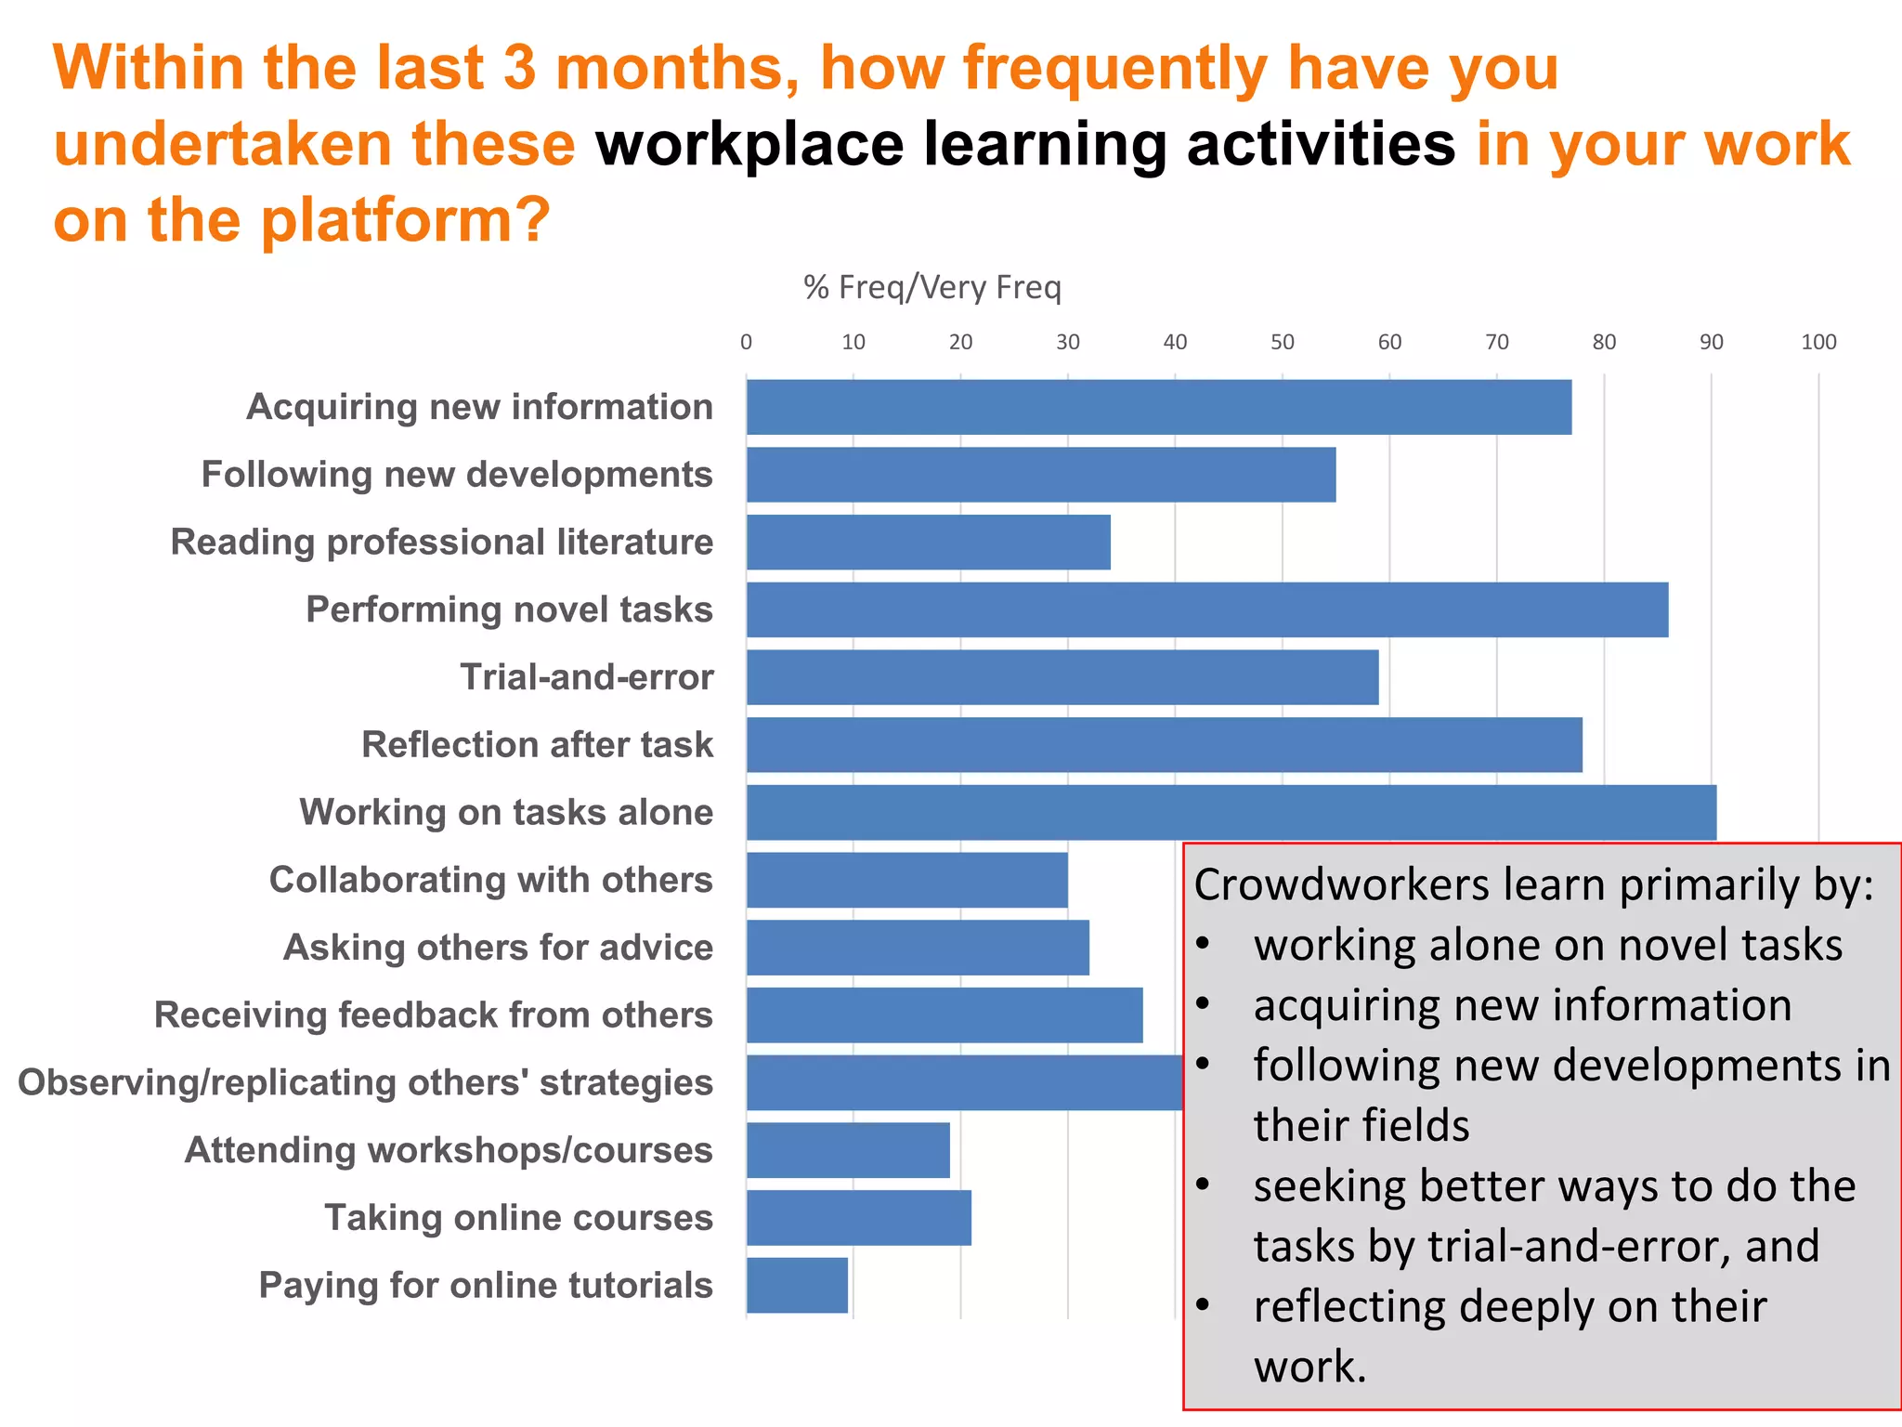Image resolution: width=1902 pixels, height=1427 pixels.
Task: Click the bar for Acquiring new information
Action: tap(1158, 407)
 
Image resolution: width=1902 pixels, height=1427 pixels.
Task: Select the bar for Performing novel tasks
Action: tap(1206, 609)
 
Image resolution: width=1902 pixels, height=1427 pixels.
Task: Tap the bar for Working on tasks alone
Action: tap(1231, 812)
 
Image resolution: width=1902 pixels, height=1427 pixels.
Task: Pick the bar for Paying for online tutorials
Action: tap(797, 1285)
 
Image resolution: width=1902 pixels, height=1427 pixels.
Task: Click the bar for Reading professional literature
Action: tap(928, 542)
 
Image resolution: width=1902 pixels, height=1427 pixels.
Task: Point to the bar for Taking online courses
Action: tap(858, 1217)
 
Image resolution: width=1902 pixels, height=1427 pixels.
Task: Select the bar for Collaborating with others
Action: tap(906, 880)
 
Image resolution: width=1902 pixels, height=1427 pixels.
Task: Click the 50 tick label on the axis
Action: tap(1282, 342)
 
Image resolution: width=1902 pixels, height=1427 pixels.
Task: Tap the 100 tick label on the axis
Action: tap(1817, 342)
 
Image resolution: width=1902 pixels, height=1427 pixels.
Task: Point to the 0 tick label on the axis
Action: tap(746, 342)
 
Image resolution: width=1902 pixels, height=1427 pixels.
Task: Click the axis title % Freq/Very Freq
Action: tap(931, 287)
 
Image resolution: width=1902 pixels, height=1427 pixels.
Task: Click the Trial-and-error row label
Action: tap(586, 676)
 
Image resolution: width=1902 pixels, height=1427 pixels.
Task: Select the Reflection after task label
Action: tap(537, 744)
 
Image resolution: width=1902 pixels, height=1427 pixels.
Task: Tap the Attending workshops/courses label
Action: tap(449, 1149)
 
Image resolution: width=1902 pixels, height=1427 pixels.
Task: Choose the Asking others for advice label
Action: tap(498, 947)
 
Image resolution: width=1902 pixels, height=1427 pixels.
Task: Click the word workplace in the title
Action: tap(749, 144)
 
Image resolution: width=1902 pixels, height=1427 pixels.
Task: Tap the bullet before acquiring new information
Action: tap(1203, 1003)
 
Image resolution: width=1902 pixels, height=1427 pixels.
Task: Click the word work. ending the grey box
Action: tap(1309, 1367)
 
